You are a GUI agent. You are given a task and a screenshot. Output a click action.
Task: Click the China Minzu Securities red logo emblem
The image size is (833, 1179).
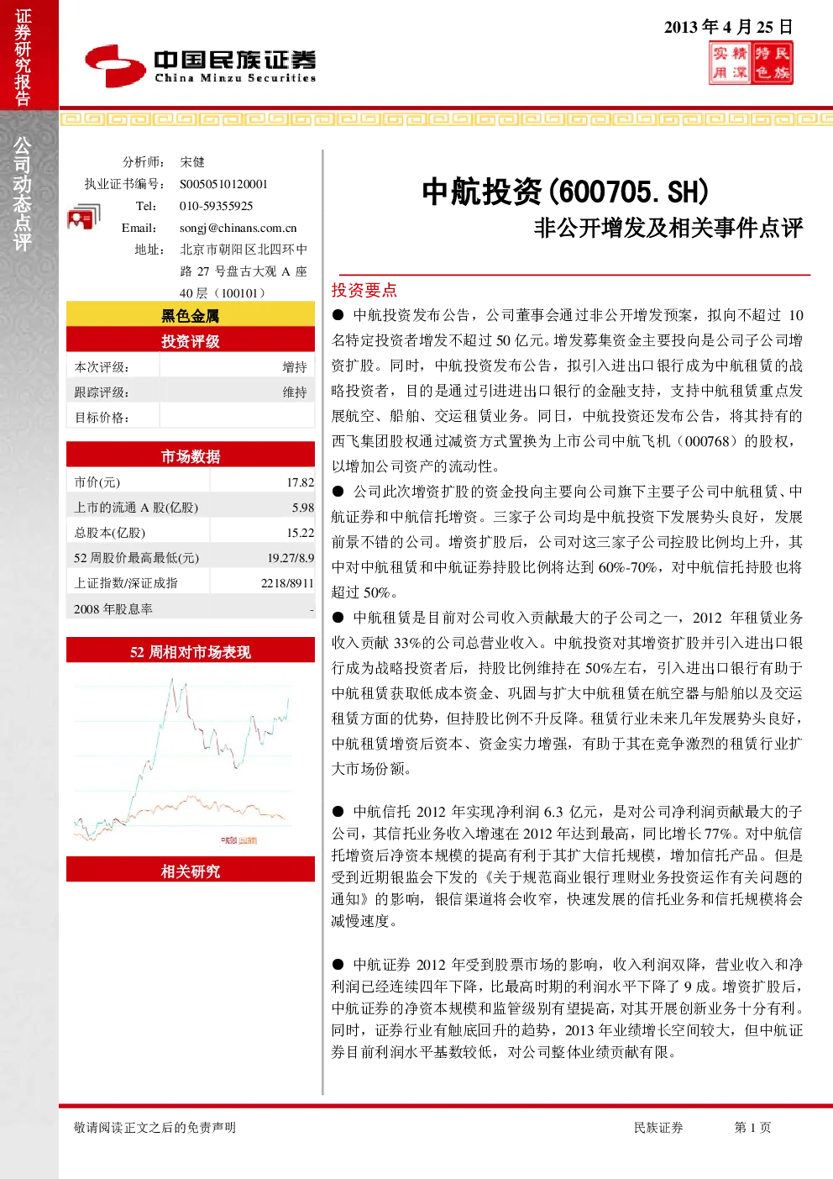click(x=115, y=66)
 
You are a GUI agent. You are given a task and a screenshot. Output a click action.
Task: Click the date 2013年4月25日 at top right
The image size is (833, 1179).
click(x=728, y=27)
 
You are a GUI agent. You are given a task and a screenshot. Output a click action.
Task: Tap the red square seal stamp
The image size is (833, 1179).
click(x=751, y=63)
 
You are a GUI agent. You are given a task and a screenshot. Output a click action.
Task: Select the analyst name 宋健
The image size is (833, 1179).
click(x=192, y=161)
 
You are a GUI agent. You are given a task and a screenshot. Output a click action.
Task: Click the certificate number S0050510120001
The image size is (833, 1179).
click(x=223, y=184)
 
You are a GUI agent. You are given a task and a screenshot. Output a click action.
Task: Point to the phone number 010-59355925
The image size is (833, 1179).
click(x=216, y=206)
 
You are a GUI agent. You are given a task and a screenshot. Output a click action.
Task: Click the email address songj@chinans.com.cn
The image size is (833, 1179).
click(x=238, y=228)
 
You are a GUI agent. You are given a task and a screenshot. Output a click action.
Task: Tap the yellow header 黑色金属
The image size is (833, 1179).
click(x=191, y=315)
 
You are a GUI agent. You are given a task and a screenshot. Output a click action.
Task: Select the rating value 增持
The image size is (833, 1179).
click(x=295, y=367)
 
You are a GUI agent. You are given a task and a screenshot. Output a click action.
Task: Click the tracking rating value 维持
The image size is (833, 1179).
click(x=295, y=392)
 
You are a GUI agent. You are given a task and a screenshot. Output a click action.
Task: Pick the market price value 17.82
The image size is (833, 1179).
click(x=301, y=482)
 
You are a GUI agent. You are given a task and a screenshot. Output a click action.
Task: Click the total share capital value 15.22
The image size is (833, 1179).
click(x=301, y=533)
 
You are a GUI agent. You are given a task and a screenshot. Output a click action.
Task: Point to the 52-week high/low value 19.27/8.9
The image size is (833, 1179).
click(x=291, y=558)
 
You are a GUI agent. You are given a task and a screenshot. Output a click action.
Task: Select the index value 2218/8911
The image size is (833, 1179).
click(x=287, y=583)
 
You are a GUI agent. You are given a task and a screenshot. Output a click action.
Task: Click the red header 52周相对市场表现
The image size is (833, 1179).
click(x=191, y=651)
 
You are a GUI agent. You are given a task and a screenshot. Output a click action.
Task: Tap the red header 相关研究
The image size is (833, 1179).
click(x=191, y=871)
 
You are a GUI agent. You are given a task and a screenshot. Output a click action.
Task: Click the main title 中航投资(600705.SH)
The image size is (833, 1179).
click(x=565, y=192)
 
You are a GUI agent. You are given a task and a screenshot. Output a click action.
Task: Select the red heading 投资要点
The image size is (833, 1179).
click(x=364, y=290)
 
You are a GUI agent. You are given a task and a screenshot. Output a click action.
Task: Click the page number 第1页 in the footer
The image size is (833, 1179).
click(x=752, y=1127)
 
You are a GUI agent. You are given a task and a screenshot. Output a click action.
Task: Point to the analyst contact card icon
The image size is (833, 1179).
click(x=83, y=217)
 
